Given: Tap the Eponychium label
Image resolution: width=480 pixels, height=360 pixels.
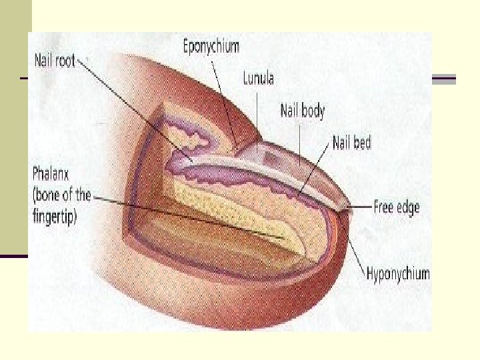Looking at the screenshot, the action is (211, 47).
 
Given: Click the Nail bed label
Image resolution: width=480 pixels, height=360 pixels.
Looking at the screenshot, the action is (351, 141).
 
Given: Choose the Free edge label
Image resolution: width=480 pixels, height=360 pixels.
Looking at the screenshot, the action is (396, 206).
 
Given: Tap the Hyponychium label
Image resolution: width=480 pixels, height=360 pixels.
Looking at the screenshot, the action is (398, 273).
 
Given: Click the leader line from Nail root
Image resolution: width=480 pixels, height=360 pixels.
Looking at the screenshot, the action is (133, 107).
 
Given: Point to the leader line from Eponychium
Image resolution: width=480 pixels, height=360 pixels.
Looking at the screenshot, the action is (223, 97).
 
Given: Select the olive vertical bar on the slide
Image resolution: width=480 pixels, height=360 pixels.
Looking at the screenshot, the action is (15, 120).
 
